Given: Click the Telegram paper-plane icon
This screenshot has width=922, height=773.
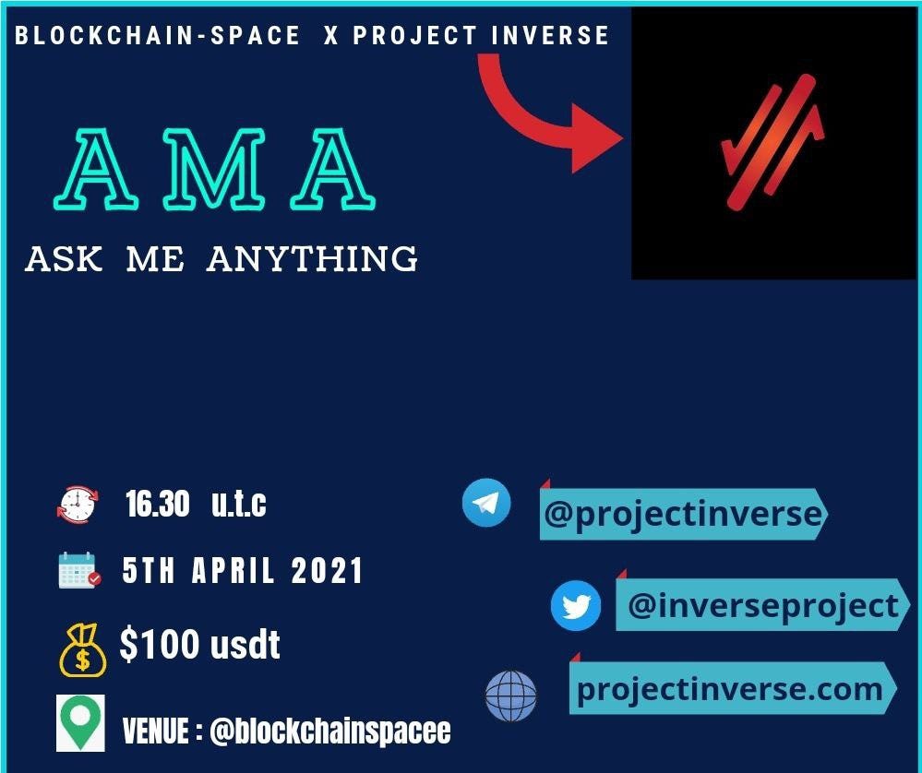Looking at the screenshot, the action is [486, 503].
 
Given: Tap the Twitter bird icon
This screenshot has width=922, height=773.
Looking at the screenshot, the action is [576, 605].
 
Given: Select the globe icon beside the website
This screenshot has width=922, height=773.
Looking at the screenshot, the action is [510, 696].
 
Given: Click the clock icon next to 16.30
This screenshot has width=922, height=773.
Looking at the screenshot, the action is [78, 505].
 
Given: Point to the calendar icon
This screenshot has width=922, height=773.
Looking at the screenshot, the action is [79, 570].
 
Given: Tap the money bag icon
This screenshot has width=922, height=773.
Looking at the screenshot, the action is [82, 650].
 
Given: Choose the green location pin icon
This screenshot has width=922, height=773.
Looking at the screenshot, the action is [80, 723].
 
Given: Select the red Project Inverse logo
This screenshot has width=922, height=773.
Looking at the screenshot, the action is [772, 142].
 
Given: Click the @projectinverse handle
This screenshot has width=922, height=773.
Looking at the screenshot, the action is [683, 514].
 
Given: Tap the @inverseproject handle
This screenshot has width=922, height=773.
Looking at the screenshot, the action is [763, 605].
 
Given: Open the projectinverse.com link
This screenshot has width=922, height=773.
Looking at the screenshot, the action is [730, 689].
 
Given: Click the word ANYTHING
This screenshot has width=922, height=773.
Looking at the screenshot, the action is [312, 258].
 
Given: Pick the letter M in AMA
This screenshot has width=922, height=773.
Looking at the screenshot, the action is [214, 170].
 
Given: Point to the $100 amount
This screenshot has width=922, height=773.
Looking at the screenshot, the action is [160, 644].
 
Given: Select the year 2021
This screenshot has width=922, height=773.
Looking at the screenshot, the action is [327, 570].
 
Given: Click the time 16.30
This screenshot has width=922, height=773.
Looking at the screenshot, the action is [157, 504].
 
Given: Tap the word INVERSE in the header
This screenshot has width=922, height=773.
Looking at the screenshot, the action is [550, 35].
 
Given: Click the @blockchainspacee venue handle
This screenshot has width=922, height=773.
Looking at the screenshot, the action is [329, 731].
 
